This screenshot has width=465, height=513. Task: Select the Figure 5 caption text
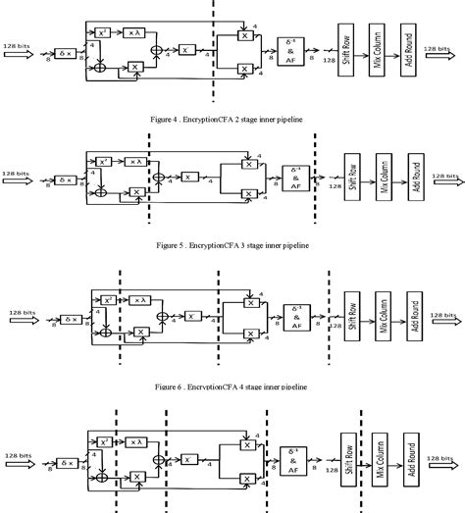(x=232, y=244)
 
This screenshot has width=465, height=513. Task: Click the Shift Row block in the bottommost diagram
(x=347, y=457)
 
